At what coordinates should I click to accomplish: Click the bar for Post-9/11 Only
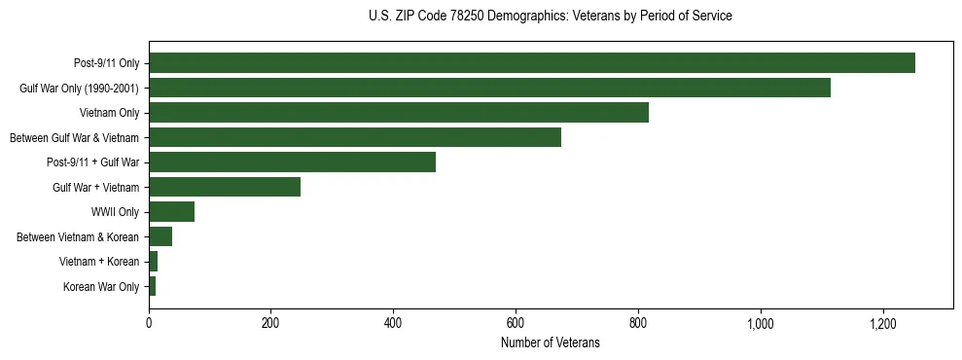(531, 63)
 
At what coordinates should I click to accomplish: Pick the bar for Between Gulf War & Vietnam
(354, 137)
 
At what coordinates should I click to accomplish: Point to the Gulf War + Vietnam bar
(225, 187)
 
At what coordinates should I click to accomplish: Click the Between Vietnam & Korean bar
(160, 236)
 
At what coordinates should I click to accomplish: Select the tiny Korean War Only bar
(152, 286)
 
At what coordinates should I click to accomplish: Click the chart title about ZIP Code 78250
(551, 17)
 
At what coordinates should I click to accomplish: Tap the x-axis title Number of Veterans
(551, 343)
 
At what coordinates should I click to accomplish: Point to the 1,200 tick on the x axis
(882, 323)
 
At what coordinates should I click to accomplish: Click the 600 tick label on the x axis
(516, 323)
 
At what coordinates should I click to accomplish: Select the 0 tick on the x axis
(149, 323)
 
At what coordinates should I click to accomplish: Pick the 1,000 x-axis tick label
(760, 323)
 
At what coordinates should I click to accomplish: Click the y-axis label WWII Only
(115, 212)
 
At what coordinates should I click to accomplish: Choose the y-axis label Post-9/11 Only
(106, 63)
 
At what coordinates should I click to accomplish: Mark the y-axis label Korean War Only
(101, 286)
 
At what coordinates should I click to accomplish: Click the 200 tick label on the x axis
(270, 323)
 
